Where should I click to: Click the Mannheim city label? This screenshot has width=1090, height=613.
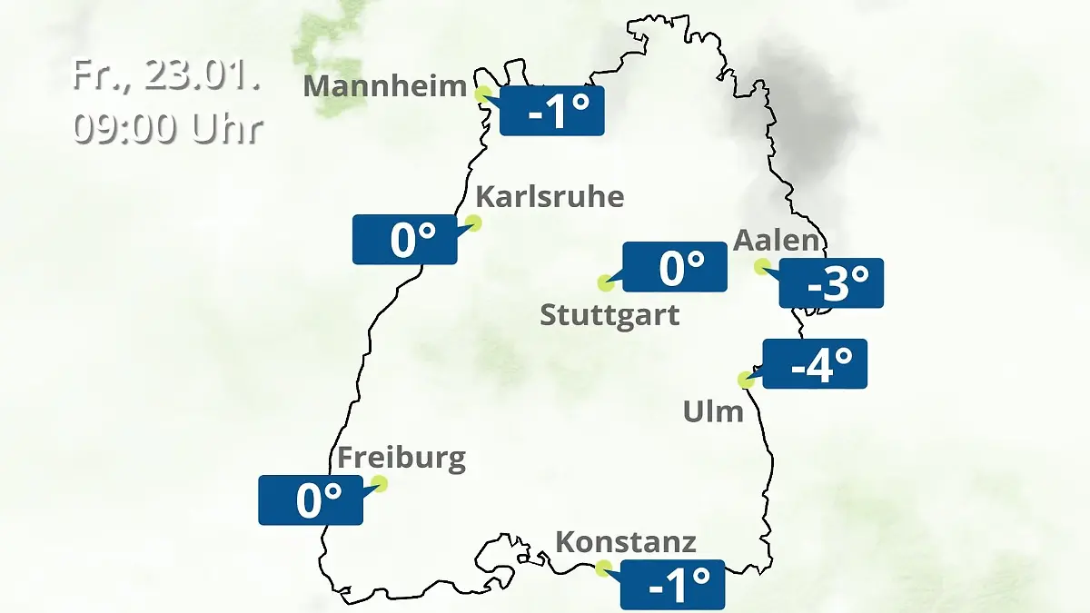pos(385,86)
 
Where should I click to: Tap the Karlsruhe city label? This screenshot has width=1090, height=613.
pos(550,197)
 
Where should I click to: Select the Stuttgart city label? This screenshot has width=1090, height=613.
pos(609,316)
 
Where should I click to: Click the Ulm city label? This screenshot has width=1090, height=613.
pos(713,412)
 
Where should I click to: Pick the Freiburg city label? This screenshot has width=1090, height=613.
pos(401,458)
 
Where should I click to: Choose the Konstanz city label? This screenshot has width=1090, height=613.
pos(626,543)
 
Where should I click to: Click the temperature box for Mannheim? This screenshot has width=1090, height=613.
pos(551,111)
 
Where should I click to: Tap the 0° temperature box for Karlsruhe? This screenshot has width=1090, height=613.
pos(404,240)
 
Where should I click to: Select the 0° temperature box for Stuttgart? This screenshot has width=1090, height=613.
pos(674,267)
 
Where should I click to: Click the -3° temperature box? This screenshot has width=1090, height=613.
pos(831,283)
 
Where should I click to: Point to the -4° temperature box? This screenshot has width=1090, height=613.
pos(815,363)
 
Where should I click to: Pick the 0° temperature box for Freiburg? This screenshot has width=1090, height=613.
pos(311,499)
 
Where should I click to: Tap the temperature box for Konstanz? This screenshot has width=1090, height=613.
pos(672,585)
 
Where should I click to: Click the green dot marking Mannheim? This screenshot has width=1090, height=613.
pos(483,94)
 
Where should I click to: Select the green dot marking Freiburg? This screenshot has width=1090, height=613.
pos(380,483)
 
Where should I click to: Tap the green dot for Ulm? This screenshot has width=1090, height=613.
pos(747,380)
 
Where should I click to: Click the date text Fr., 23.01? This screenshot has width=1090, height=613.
pos(167,75)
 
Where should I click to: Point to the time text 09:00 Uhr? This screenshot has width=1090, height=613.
pos(167,128)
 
